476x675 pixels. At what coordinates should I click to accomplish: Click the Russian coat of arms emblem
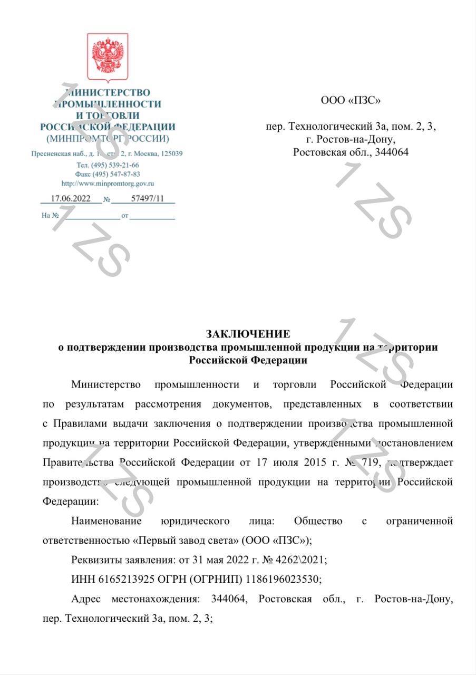coord(107,57)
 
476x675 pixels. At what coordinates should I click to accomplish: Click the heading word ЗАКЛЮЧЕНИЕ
coord(248,334)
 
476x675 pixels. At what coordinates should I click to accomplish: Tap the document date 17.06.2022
coord(70,199)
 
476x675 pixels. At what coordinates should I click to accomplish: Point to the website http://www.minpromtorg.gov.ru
coord(108,184)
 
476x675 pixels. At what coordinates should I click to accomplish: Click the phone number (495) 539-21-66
coord(115,165)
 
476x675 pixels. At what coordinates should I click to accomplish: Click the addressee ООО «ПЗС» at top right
coord(351,100)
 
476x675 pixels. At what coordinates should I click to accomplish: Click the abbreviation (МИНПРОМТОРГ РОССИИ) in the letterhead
coord(108,139)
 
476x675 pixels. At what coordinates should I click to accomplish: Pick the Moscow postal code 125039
coord(168,153)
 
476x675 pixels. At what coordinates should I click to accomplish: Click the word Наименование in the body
coord(106,521)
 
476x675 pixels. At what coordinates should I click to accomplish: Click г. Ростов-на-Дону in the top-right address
coord(351,139)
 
